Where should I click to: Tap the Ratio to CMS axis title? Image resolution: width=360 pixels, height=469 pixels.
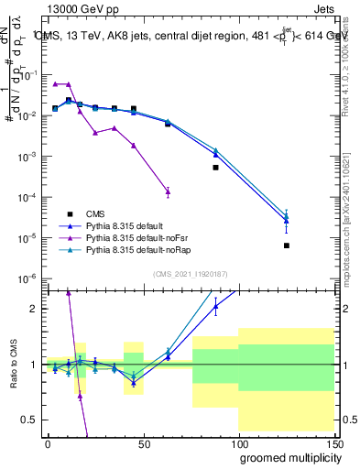click(14, 365)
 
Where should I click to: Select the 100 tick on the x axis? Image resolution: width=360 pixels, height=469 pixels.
click(239, 443)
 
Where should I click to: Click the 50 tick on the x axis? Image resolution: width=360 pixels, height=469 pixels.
click(144, 443)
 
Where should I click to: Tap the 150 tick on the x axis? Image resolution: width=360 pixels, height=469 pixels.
click(334, 443)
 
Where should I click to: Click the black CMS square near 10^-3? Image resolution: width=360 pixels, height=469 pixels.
click(216, 168)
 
